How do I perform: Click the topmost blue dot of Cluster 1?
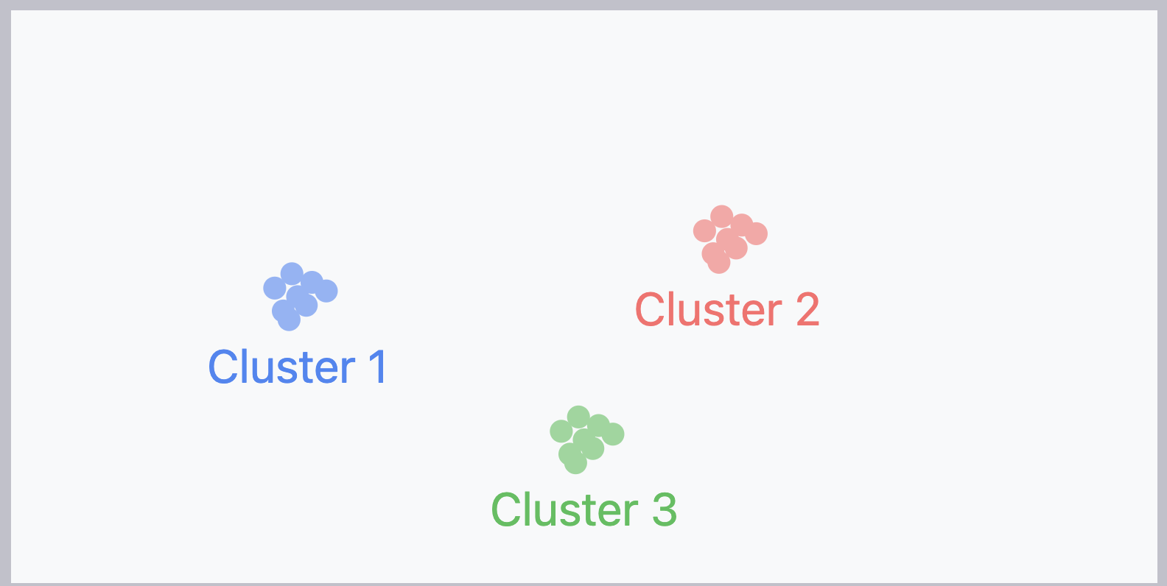(292, 274)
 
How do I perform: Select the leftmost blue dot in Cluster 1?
(275, 288)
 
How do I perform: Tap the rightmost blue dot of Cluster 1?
(326, 291)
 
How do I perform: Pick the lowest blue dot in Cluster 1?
(289, 320)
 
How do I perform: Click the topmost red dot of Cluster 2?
(722, 216)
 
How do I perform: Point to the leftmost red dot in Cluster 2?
(704, 231)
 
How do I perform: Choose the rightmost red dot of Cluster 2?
(756, 234)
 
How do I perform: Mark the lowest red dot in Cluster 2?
(718, 262)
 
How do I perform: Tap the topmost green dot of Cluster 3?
(578, 417)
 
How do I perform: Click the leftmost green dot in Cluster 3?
(561, 431)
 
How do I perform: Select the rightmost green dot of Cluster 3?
(613, 434)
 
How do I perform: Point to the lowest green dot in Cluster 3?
(575, 463)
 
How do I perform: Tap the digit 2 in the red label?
(807, 310)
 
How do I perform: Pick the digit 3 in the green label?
(664, 510)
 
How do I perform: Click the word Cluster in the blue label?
(282, 367)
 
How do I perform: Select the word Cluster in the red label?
(709, 310)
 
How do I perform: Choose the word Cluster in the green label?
(565, 510)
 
